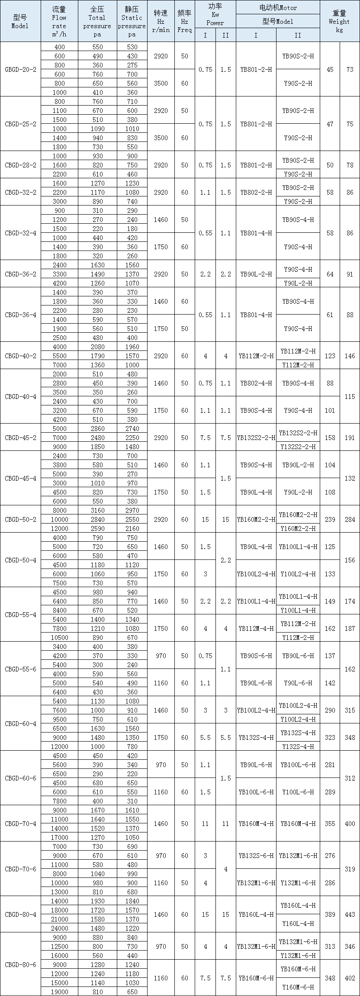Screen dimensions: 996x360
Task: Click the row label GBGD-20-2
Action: [x=20, y=69]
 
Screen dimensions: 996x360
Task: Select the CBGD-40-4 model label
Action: [x=20, y=396]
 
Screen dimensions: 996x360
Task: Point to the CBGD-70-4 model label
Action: [x=20, y=823]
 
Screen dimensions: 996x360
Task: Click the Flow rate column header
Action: [x=59, y=21]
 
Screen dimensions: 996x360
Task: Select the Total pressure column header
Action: [x=97, y=21]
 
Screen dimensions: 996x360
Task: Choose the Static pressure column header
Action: [x=132, y=21]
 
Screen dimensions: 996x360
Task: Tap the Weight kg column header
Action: [x=340, y=21]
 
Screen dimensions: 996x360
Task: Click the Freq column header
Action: [x=185, y=21]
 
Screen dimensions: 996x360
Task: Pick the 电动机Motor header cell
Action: [x=278, y=7]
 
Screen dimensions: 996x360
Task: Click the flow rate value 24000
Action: [x=59, y=928]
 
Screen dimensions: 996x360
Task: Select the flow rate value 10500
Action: [x=59, y=637]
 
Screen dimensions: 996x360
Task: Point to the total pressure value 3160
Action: [x=97, y=510]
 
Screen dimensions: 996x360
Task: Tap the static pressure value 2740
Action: [x=132, y=428]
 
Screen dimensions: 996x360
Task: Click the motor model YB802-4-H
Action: [x=256, y=383]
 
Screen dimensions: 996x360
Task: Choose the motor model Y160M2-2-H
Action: [x=298, y=528]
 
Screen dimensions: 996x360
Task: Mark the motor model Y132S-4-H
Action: [x=298, y=746]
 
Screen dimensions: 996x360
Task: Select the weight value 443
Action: [x=350, y=914]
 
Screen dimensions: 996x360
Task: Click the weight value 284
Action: [x=350, y=519]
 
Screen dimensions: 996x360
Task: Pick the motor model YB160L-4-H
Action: [x=256, y=914]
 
